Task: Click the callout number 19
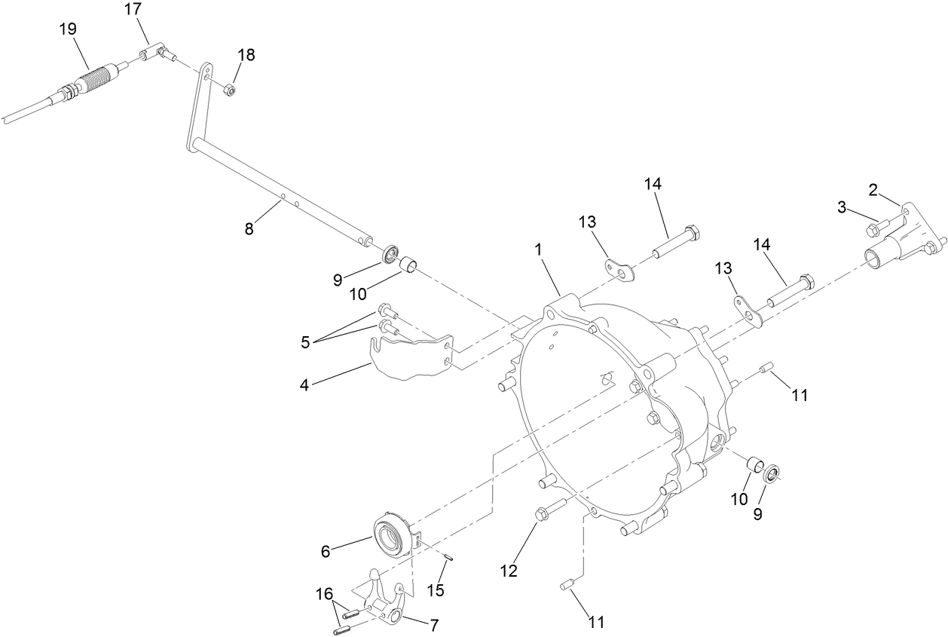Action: [68, 29]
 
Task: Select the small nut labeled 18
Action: [231, 90]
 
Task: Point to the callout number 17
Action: [133, 10]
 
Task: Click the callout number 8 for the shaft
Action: [249, 228]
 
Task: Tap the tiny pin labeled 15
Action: [447, 557]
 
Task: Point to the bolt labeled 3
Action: [879, 224]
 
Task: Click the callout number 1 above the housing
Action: [539, 250]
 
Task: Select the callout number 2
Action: [873, 189]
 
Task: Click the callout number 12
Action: [509, 571]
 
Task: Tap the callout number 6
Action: [326, 551]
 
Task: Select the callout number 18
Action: [246, 55]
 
